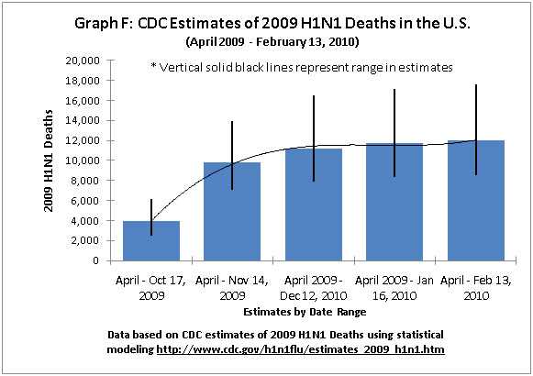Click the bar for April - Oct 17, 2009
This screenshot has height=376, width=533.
152,240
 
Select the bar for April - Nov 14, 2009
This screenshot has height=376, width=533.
232,212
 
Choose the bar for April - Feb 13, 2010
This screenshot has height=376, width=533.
475,201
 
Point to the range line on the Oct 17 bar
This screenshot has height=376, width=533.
152,216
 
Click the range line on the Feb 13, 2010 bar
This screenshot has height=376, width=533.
475,129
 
